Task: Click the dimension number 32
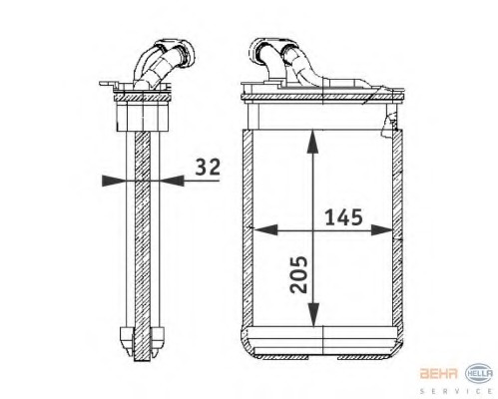[207, 167]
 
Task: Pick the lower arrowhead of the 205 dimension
[314, 316]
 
